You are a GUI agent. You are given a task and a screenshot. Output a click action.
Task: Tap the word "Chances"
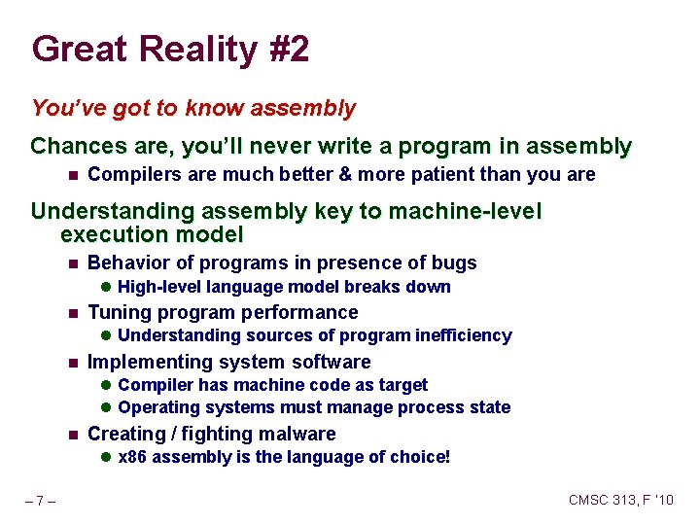pyautogui.click(x=73, y=147)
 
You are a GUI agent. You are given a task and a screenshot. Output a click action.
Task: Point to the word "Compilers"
pyautogui.click(x=129, y=175)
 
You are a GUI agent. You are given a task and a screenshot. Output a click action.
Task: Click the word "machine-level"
pyautogui.click(x=468, y=212)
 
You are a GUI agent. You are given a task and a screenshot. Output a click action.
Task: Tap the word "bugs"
pyautogui.click(x=454, y=262)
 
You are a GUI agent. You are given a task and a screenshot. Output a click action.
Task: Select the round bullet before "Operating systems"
pyautogui.click(x=107, y=407)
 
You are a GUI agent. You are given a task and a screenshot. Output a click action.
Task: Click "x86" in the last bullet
pyautogui.click(x=132, y=457)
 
